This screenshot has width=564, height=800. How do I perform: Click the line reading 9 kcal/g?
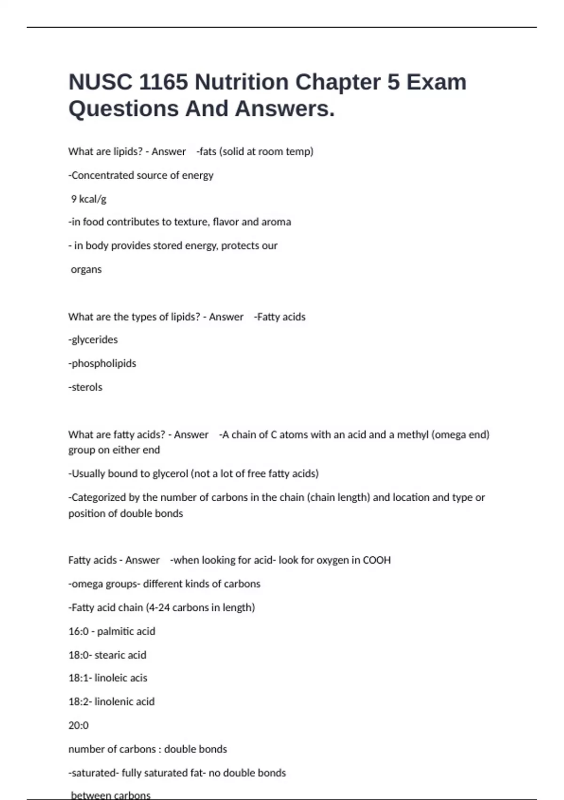click(88, 199)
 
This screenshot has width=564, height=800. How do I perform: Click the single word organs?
click(86, 270)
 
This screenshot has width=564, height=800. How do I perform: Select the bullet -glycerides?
click(93, 340)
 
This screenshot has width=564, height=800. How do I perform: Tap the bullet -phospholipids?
click(102, 363)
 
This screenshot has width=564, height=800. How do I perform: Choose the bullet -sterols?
click(85, 387)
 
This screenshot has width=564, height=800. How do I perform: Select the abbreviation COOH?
click(376, 560)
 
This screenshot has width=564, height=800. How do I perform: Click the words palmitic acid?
click(126, 632)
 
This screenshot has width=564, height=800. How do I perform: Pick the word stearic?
click(111, 655)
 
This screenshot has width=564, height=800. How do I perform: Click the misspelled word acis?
click(138, 678)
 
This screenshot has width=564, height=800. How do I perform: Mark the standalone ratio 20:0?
click(78, 726)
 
